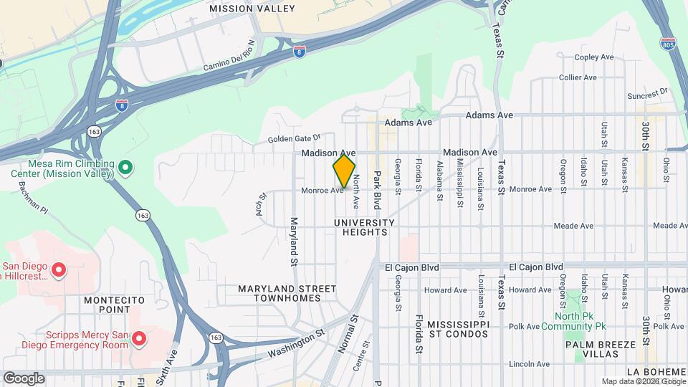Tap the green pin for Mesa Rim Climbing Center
pyautogui.click(x=125, y=168)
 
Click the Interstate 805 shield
pyautogui.click(x=668, y=44)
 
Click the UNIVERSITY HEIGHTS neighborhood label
pyautogui.click(x=364, y=228)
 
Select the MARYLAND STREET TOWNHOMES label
pyautogui.click(x=287, y=294)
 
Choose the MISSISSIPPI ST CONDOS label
pyautogui.click(x=449, y=329)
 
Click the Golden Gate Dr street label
pyautogui.click(x=295, y=138)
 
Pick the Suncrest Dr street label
pyautogui.click(x=647, y=94)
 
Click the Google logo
pyautogui.click(x=24, y=378)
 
